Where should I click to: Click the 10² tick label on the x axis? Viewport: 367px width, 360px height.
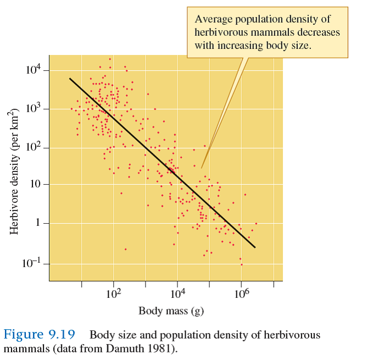(x=113, y=294)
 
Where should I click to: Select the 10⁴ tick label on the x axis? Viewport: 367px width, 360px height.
(x=177, y=294)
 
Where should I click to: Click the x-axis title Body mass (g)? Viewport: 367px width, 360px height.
(x=171, y=311)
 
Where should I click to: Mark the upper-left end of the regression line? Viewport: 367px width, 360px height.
(x=70, y=78)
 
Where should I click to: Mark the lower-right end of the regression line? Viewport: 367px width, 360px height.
(x=255, y=248)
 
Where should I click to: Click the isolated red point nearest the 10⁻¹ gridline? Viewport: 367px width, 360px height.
(x=125, y=249)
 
